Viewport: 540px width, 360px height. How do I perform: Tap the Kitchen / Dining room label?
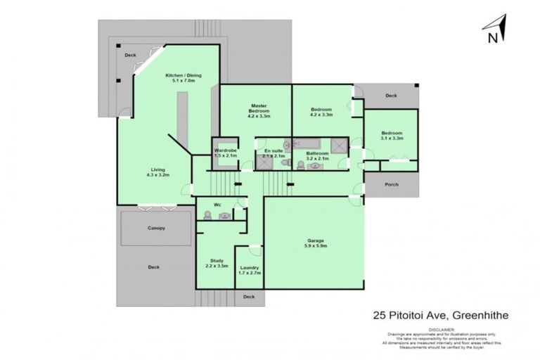pyautogui.click(x=179, y=78)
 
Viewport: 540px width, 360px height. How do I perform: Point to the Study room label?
pyautogui.click(x=217, y=263)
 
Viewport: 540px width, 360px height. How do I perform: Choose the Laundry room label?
pyautogui.click(x=249, y=271)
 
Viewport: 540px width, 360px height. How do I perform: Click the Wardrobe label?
pyautogui.click(x=226, y=153)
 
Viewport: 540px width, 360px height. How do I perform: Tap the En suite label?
pyautogui.click(x=274, y=153)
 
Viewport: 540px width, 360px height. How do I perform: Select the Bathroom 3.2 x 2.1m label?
pyautogui.click(x=318, y=156)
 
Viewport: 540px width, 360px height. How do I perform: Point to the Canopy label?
pyautogui.click(x=156, y=228)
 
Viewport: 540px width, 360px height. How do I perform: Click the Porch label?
pyautogui.click(x=392, y=184)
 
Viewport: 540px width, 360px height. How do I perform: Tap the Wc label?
pyautogui.click(x=218, y=205)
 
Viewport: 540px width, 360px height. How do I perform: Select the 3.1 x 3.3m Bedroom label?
pyautogui.click(x=392, y=136)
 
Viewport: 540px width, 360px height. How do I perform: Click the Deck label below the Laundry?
pyautogui.click(x=249, y=297)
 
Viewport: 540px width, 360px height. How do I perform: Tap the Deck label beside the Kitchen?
pyautogui.click(x=130, y=55)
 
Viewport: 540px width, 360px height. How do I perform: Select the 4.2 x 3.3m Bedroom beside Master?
pyautogui.click(x=321, y=112)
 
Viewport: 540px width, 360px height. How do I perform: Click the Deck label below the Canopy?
pyautogui.click(x=153, y=266)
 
